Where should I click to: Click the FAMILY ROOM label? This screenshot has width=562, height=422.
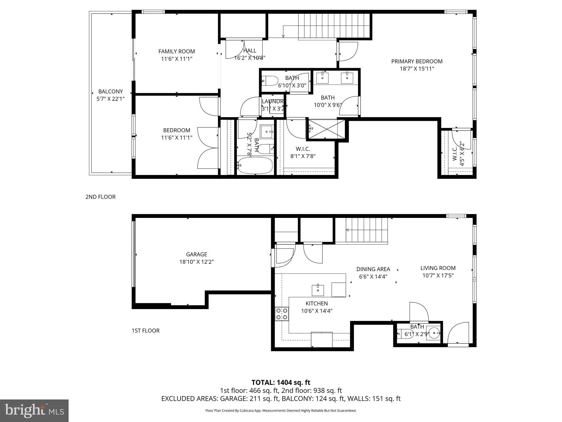(176, 51)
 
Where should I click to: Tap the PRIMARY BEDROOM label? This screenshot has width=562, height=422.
(417, 62)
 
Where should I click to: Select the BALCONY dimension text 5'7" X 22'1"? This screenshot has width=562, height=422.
(111, 99)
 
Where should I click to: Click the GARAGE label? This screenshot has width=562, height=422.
(196, 254)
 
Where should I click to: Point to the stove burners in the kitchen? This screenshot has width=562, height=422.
(282, 314)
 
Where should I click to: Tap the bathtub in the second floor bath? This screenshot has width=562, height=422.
(255, 165)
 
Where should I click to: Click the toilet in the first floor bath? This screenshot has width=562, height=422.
(403, 334)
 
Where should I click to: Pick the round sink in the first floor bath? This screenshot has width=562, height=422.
(434, 334)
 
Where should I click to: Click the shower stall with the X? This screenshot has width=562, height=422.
(326, 129)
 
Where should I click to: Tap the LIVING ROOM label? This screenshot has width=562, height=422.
(438, 268)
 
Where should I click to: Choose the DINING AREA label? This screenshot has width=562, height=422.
(373, 270)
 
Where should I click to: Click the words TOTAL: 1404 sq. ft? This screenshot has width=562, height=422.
(281, 382)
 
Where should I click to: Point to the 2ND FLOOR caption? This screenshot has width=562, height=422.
(100, 197)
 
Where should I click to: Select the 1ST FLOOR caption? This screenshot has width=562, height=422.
(145, 331)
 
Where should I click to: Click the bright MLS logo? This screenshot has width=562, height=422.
(34, 410)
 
